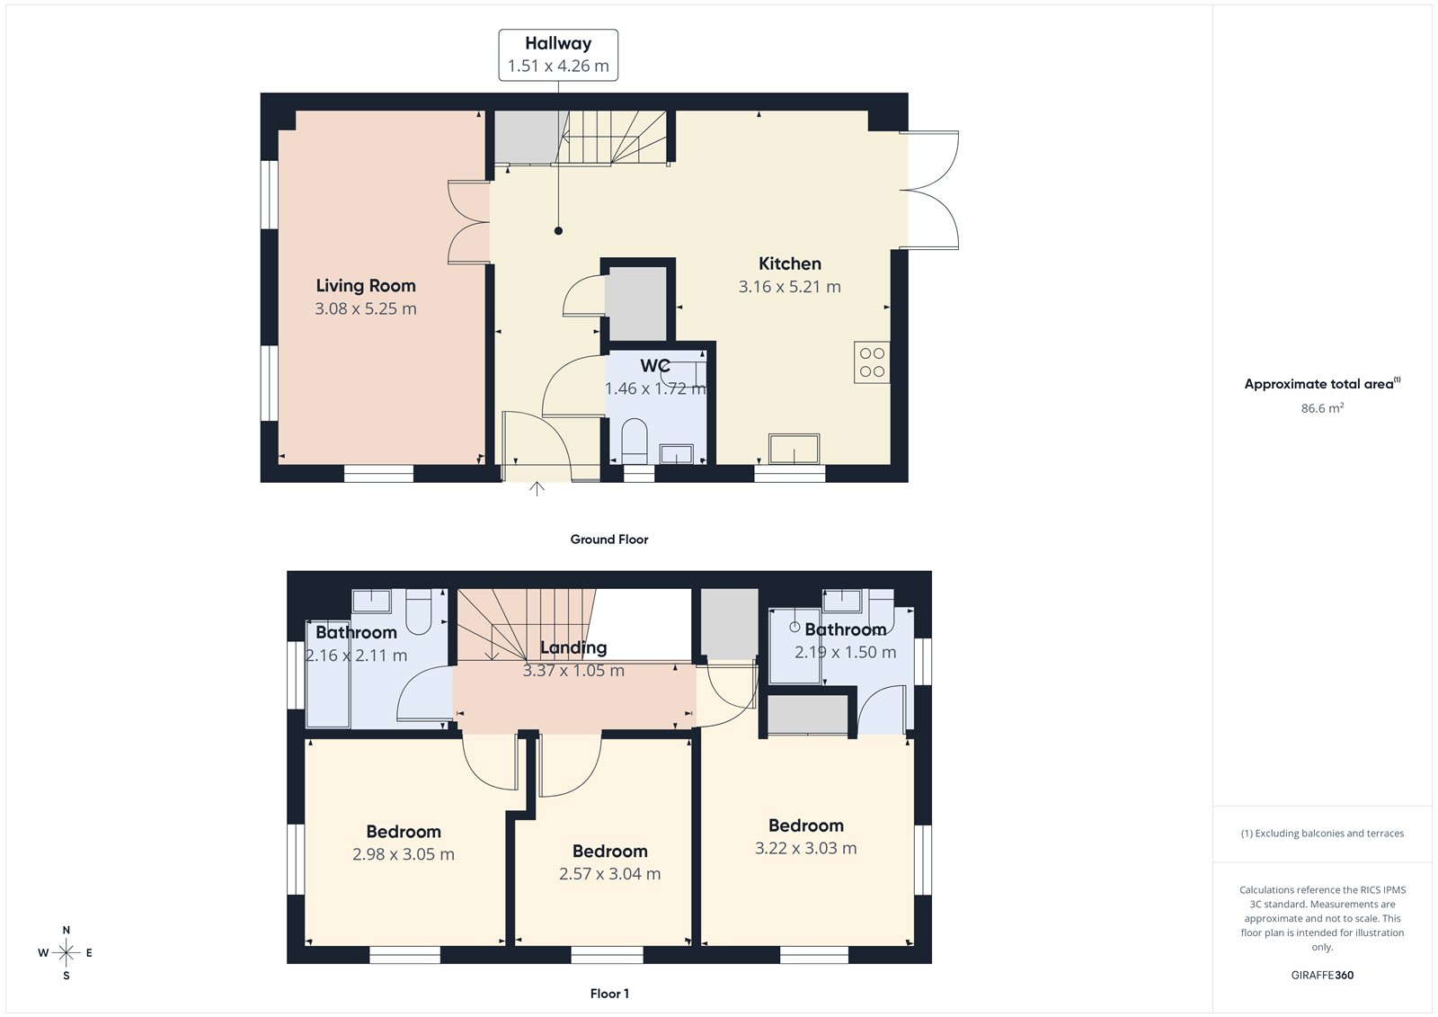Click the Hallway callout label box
[558, 55]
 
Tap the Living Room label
[366, 286]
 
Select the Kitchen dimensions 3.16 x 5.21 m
[789, 287]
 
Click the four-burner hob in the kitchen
[872, 362]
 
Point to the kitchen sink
[794, 449]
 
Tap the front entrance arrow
[537, 489]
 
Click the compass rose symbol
[66, 952]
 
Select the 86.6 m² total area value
[1322, 408]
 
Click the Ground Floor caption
[608, 540]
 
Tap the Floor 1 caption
[609, 994]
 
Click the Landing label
[573, 647]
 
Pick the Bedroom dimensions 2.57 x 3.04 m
[609, 874]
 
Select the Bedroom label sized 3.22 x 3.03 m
[805, 825]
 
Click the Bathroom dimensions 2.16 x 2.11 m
[357, 656]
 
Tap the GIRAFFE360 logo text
[1322, 975]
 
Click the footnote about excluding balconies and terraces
[1322, 834]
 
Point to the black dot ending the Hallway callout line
[558, 231]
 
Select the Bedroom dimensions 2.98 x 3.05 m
[404, 854]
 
